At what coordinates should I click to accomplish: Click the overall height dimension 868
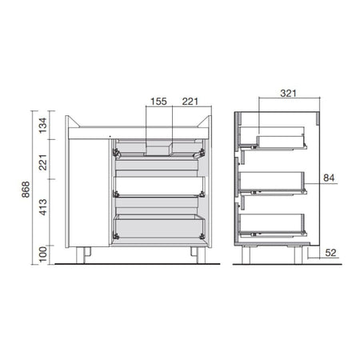click(x=26, y=190)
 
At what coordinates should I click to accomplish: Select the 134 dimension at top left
click(x=42, y=126)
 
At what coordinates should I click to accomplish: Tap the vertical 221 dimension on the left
click(x=42, y=162)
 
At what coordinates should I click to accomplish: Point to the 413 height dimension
click(x=42, y=207)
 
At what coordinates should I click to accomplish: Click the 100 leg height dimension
click(x=42, y=254)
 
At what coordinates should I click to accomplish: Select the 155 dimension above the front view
click(x=158, y=102)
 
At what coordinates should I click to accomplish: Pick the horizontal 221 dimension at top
click(x=190, y=102)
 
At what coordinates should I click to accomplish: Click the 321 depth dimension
click(x=288, y=94)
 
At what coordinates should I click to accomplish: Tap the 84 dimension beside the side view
click(x=329, y=178)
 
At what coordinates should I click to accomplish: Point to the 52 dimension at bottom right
click(x=330, y=253)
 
